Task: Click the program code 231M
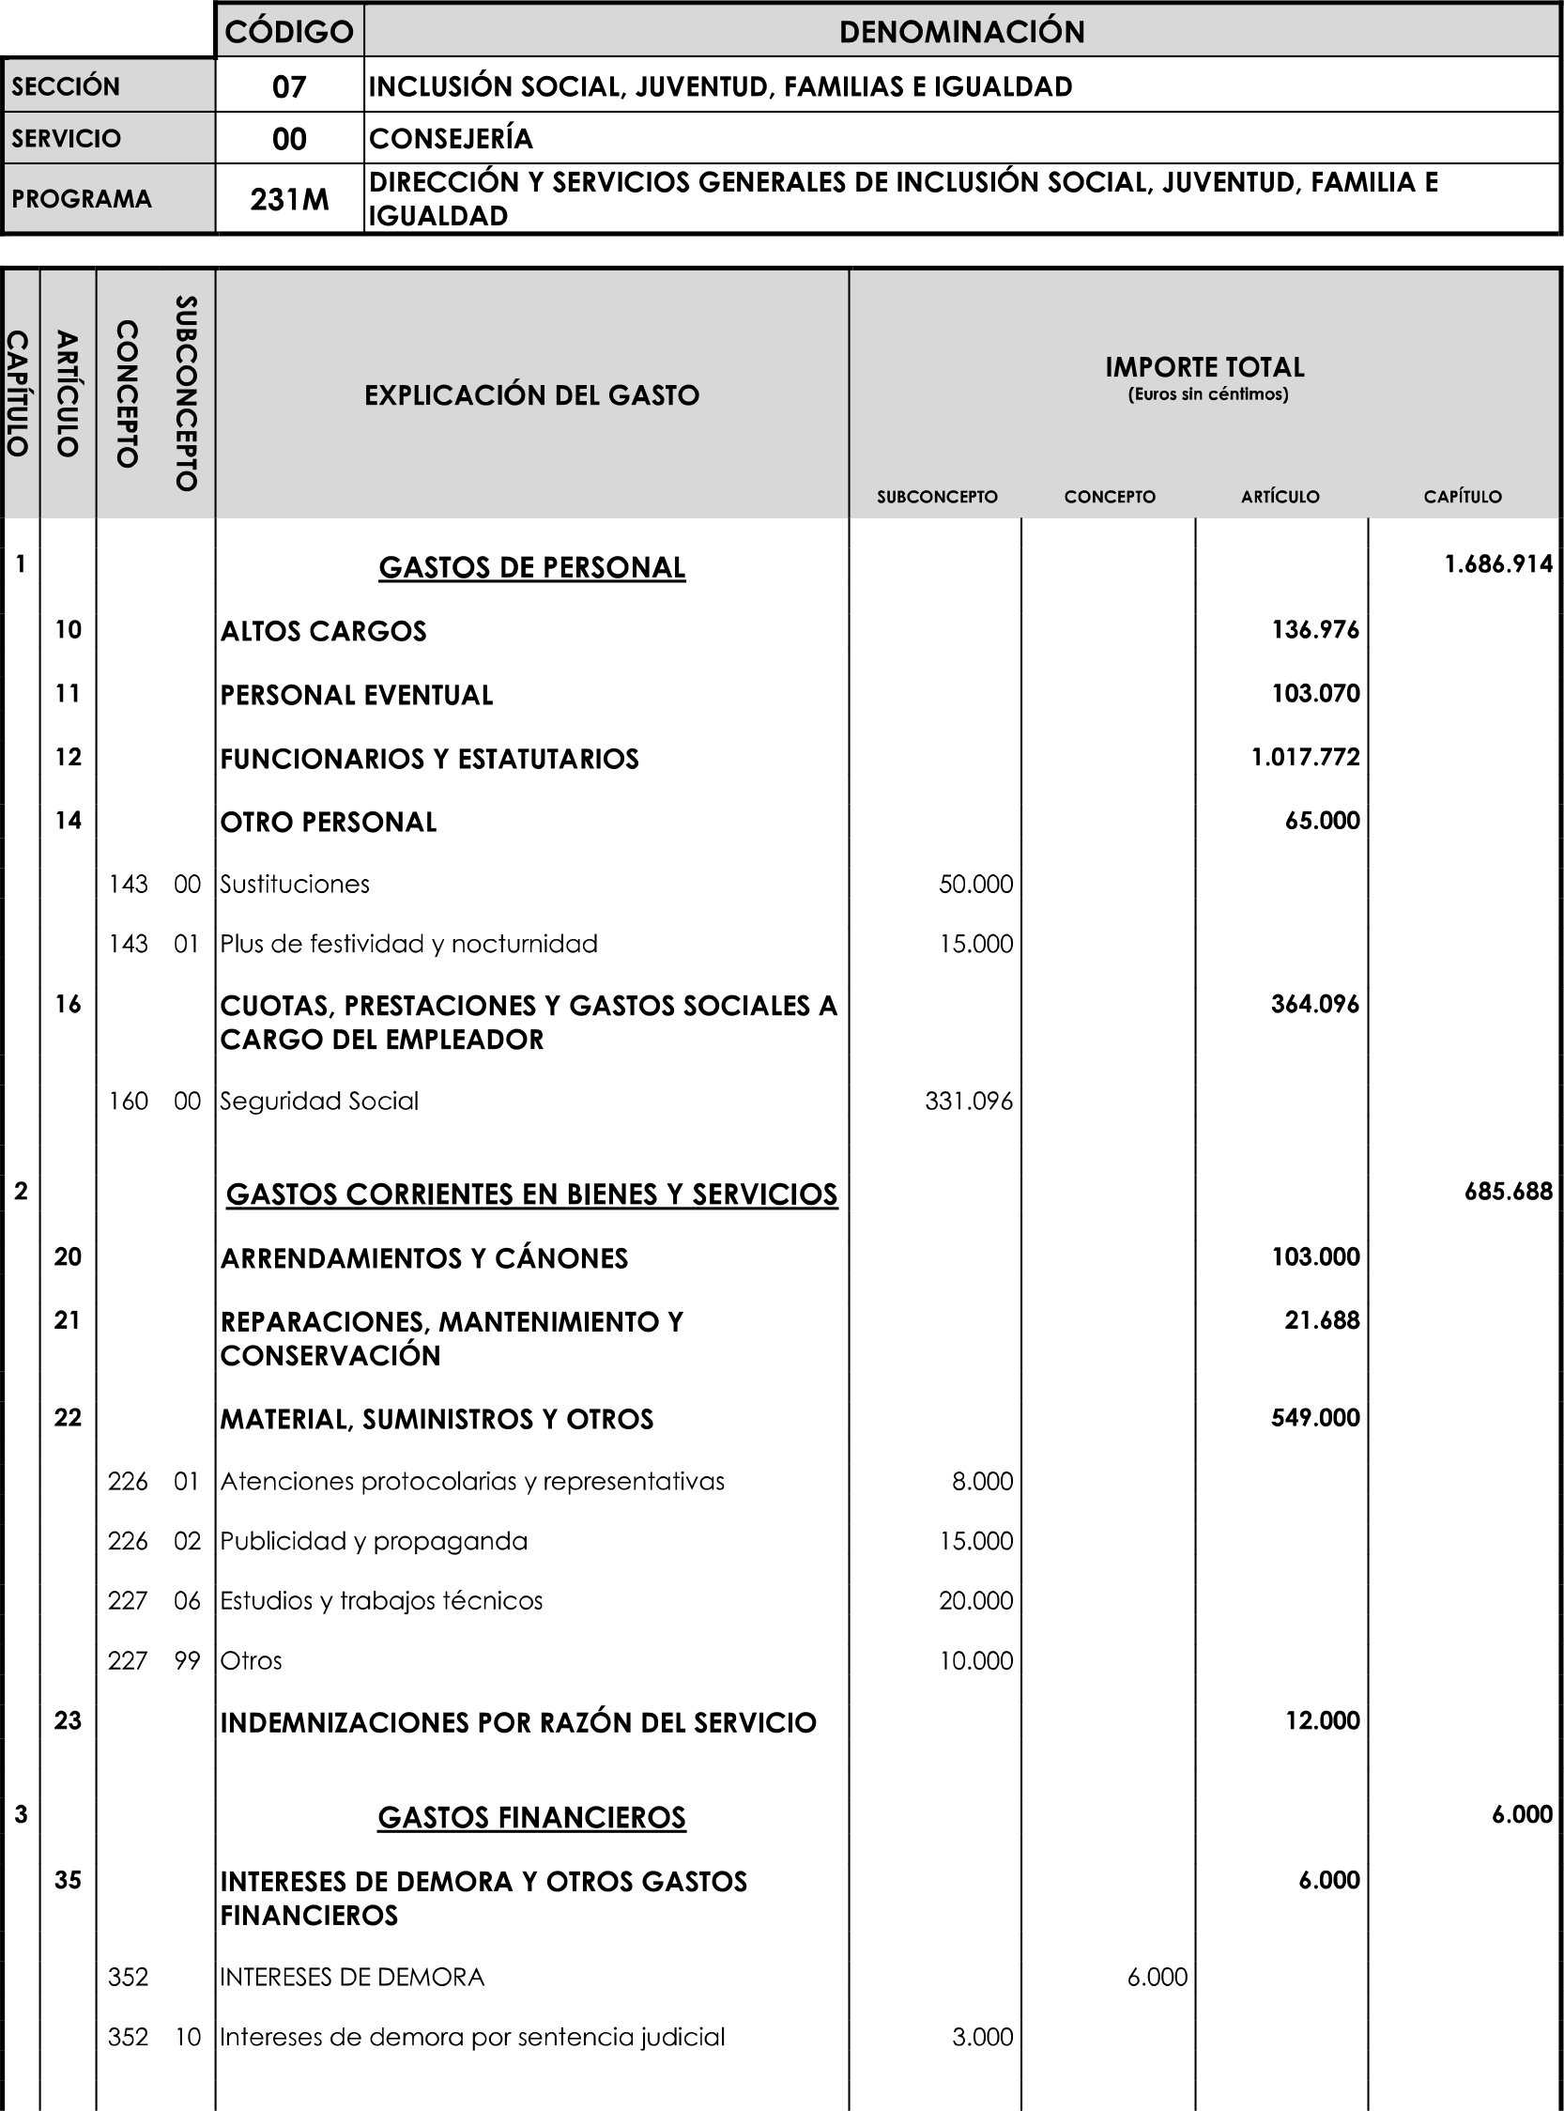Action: [x=289, y=200]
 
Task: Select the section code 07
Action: [x=289, y=87]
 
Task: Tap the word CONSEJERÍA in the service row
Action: [x=451, y=139]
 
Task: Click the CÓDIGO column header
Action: [x=289, y=32]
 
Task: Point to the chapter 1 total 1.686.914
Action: [x=1497, y=564]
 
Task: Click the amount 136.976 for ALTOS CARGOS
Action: [x=1315, y=630]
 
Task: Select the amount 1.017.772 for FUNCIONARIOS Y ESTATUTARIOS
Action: [x=1305, y=757]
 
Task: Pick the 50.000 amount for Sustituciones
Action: [x=975, y=884]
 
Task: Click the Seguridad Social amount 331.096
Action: [x=969, y=1101]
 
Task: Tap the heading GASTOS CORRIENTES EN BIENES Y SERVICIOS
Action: [x=531, y=1194]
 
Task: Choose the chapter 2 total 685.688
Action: [x=1508, y=1192]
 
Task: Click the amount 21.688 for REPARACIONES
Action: [x=1322, y=1319]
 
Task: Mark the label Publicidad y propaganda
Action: [x=374, y=1541]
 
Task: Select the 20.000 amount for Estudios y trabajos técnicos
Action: [x=975, y=1600]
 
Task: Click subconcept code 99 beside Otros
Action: [x=188, y=1660]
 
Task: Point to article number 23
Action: [x=68, y=1719]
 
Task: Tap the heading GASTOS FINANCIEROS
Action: [x=531, y=1817]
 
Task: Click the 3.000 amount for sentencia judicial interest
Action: [x=982, y=2036]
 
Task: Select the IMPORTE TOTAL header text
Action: [x=1204, y=367]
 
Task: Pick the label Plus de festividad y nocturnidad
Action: [x=409, y=943]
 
